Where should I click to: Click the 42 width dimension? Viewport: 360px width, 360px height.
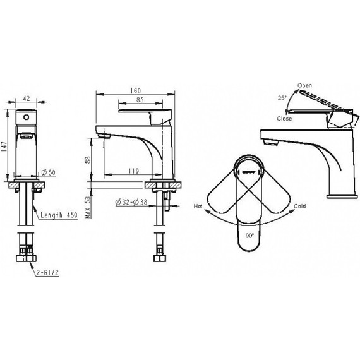click(26, 99)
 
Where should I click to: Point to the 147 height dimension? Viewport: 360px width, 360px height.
click(5, 146)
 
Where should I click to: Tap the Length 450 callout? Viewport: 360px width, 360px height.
click(60, 215)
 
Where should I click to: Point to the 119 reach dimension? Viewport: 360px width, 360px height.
click(133, 169)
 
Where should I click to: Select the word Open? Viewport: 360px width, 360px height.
click(305, 85)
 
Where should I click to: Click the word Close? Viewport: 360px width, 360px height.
click(284, 118)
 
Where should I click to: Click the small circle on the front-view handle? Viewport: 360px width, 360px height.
click(26, 117)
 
